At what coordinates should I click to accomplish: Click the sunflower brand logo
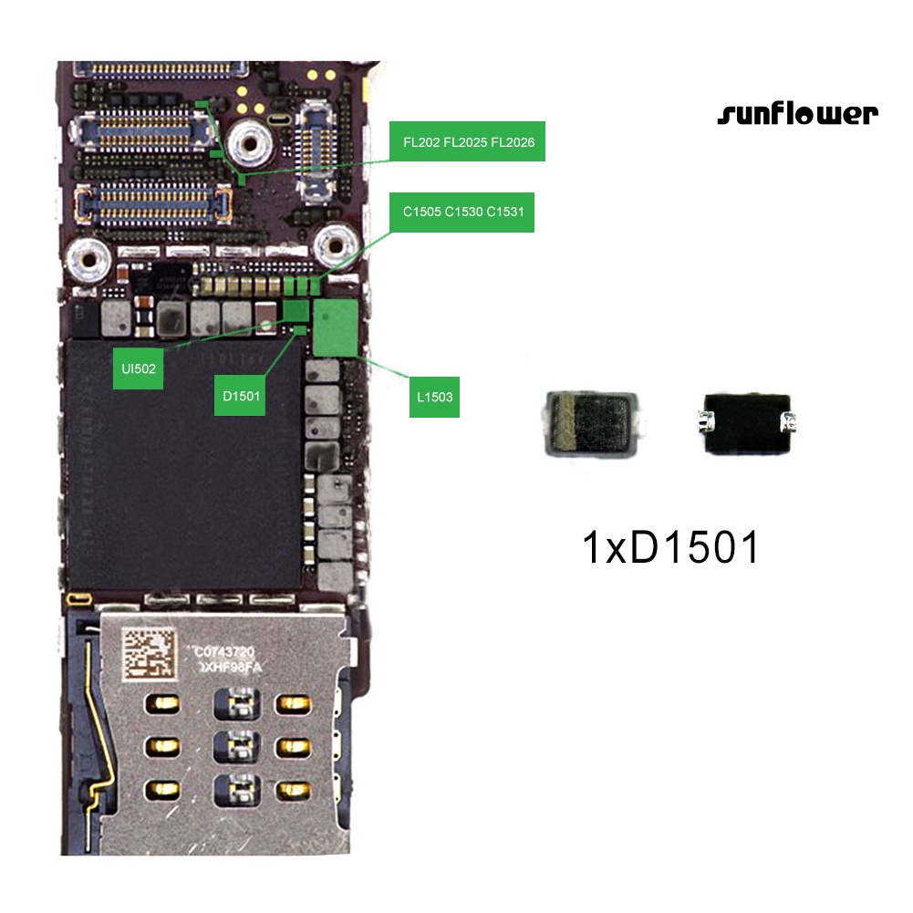click(797, 114)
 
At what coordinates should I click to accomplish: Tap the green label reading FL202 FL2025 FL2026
click(468, 141)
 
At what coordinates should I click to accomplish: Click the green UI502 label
click(139, 369)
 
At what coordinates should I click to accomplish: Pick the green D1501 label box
click(241, 396)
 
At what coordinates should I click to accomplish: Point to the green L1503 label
click(434, 397)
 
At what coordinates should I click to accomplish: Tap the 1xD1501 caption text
click(670, 548)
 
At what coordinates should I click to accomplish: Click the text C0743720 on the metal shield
click(231, 653)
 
